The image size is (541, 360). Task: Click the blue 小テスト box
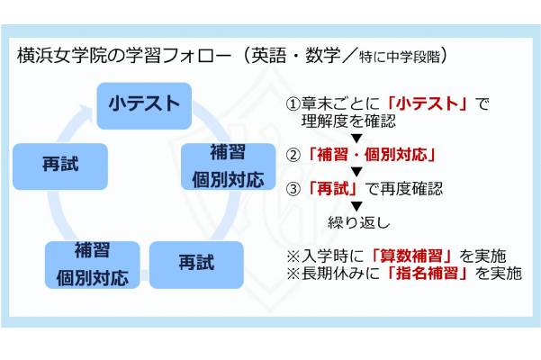coord(144,106)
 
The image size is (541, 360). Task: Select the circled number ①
coord(293,103)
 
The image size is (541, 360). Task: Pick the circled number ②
coord(293,155)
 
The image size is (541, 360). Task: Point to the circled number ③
coord(293,189)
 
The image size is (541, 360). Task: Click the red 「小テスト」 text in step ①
coord(428,103)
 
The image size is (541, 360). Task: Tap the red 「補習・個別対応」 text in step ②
coord(372,155)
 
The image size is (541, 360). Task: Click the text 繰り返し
coord(359,222)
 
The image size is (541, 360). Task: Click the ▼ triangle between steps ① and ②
coord(356,139)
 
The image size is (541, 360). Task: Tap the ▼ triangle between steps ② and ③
coord(356,172)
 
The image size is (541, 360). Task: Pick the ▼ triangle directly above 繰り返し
coord(356,206)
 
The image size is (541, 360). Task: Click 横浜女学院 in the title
coord(62,56)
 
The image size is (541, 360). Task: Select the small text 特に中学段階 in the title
coord(400,57)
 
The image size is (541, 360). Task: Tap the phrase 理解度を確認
coord(348,121)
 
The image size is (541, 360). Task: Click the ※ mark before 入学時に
coord(293,256)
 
